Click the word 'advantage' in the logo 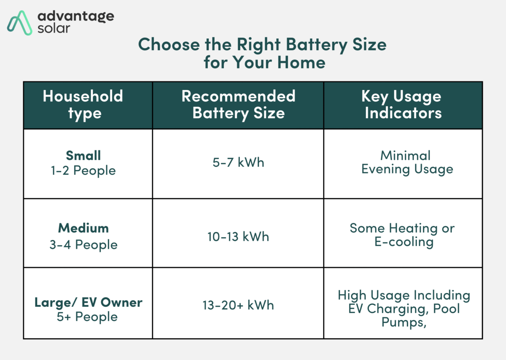[x=76, y=16]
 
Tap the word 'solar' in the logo [x=54, y=29]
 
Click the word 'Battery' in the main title [x=317, y=45]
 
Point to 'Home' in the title [x=301, y=62]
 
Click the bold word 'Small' [x=83, y=155]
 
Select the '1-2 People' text [x=83, y=171]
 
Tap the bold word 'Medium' [x=83, y=228]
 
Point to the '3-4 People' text [x=83, y=245]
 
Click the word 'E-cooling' [x=404, y=242]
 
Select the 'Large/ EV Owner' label [x=88, y=303]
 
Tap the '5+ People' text [x=87, y=317]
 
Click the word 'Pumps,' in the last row [x=404, y=322]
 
